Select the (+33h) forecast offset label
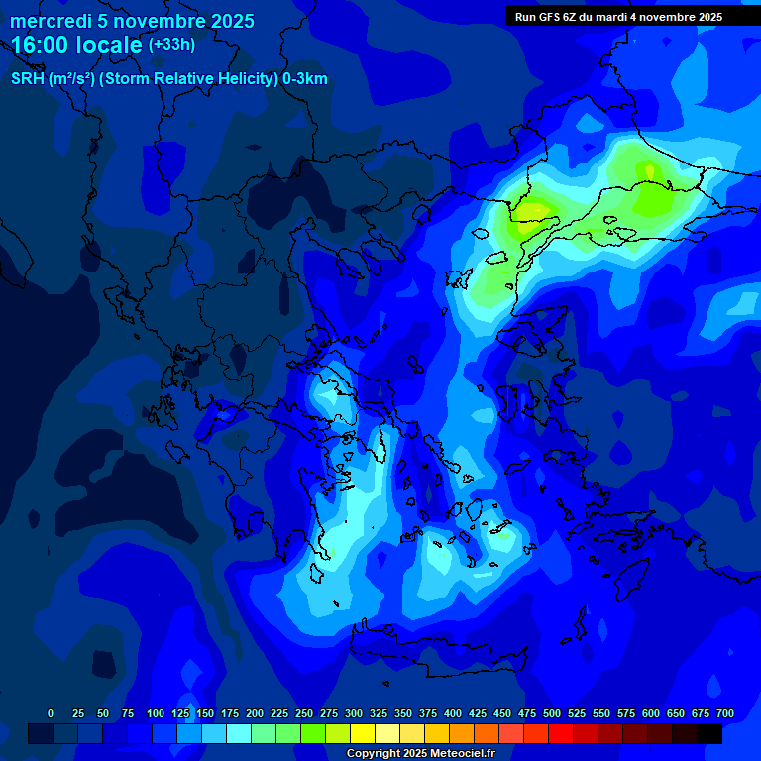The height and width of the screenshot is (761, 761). pos(171,45)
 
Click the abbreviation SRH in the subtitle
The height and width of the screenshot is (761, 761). pos(28,79)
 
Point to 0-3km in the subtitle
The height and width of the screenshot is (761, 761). pos(305,79)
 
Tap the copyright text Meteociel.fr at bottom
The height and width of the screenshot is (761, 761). pos(454,753)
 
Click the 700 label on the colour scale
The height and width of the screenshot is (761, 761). pos(725,713)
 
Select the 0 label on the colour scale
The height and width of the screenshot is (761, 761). pos(51,713)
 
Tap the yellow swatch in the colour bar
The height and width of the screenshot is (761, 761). pos(364,734)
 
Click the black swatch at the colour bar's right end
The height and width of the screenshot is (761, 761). pos(709,734)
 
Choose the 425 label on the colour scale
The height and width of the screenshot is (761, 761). pos(478,713)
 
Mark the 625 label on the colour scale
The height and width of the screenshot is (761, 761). pos(651,713)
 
